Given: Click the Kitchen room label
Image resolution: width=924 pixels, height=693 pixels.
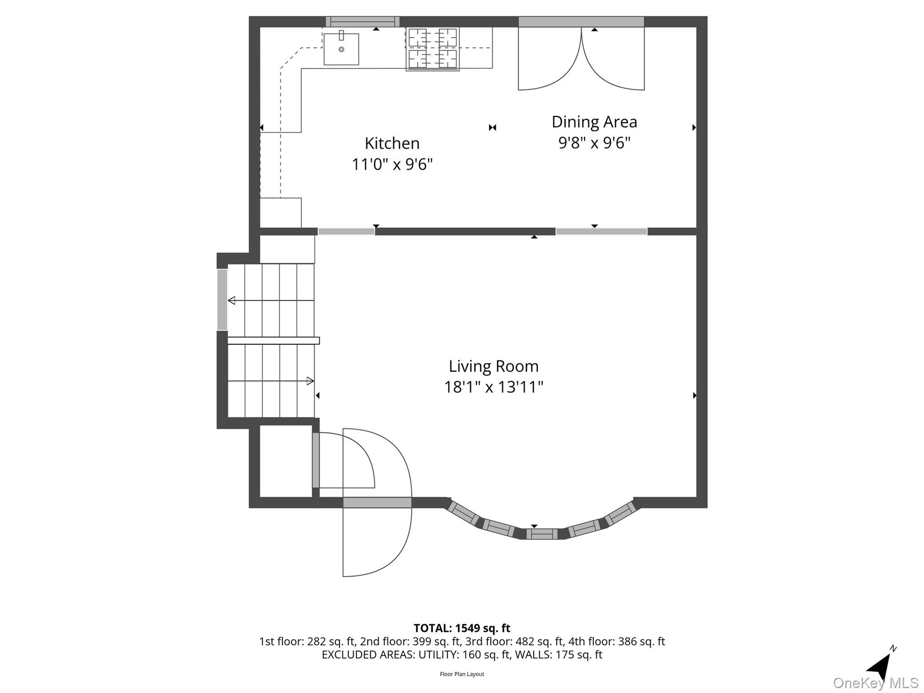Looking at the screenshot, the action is coord(392,143).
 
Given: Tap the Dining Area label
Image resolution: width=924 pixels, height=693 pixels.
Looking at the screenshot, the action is coord(594,122).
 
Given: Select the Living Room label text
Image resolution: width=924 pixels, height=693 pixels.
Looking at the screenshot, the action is coord(493,366).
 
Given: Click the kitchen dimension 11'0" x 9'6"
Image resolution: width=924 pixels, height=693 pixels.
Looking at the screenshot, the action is coord(392,165).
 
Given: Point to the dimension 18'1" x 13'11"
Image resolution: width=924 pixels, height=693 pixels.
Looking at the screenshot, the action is coord(493,387).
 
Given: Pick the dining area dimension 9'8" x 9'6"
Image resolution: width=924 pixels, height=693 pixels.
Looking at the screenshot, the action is coord(594,143).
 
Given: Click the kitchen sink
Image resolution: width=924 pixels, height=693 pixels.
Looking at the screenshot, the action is coord(341,49).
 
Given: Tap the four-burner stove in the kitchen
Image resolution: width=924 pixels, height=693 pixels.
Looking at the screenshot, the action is coord(432,49).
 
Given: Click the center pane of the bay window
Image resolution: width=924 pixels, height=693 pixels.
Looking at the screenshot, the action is coord(541,534).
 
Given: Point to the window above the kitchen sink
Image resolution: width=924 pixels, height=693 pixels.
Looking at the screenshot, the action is coord(363,22).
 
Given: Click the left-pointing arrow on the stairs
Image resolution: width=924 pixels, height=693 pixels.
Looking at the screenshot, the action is coord(231,301).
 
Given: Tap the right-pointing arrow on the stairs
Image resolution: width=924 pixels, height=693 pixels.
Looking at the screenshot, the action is coord(310,381).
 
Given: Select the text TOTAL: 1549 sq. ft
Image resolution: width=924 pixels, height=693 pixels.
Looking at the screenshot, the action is coord(462,628).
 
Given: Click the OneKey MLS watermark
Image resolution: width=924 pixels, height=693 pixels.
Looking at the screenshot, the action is coord(876,683).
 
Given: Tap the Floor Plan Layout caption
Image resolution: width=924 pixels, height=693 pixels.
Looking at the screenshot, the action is coord(462,674).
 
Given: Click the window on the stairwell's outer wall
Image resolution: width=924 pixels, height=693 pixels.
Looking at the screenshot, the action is coord(222,300).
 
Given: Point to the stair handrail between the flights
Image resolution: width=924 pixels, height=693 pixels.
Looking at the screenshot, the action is coord(273,341).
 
